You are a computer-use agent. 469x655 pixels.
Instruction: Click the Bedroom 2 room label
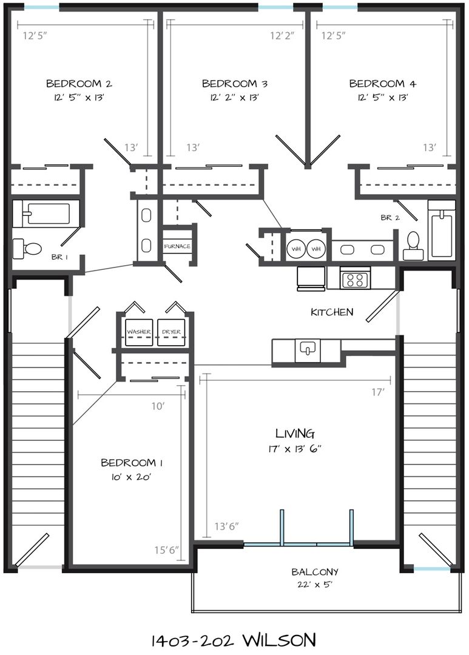click(79, 84)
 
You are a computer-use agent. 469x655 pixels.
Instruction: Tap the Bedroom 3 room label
click(234, 84)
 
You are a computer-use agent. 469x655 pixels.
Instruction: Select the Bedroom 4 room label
click(382, 84)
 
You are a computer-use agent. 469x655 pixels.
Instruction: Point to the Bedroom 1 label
click(132, 463)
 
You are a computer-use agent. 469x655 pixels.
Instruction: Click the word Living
click(295, 433)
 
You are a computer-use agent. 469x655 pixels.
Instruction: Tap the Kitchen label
click(332, 312)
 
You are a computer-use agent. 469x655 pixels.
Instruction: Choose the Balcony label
click(315, 571)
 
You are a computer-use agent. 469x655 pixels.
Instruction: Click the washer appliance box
click(139, 332)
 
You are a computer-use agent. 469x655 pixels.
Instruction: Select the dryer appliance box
click(171, 332)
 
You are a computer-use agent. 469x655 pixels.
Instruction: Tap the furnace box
click(177, 246)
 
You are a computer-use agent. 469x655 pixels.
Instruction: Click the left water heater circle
click(296, 249)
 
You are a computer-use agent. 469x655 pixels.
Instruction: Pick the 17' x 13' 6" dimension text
click(295, 449)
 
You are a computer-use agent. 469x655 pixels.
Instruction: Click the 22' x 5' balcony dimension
click(315, 584)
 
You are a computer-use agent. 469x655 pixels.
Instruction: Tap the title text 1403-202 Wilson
click(233, 640)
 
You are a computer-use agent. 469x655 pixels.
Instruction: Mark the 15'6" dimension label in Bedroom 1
click(166, 549)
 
